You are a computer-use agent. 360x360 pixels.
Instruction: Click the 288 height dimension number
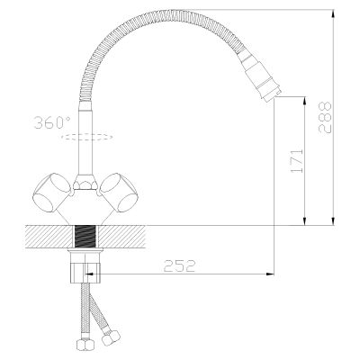325,117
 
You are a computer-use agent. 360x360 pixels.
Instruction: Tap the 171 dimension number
297,161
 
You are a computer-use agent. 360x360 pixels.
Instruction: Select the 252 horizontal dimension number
179,265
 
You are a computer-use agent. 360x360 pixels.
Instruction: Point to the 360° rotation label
52,122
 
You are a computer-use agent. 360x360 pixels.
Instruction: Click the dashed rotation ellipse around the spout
87,137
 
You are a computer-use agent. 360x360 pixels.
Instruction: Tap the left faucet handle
51,193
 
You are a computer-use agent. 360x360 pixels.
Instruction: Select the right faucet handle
119,193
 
